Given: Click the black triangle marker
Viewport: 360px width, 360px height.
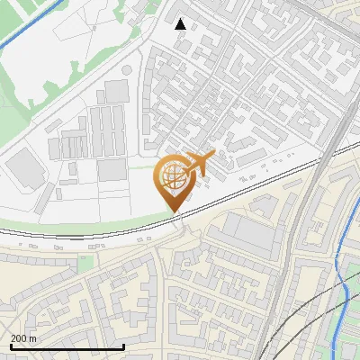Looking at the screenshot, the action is (x=181, y=24).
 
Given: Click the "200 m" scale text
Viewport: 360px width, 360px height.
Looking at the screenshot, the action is (x=23, y=338).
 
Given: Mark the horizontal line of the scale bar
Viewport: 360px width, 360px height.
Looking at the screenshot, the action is (x=67, y=347).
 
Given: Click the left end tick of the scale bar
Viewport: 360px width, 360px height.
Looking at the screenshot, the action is (x=10, y=346).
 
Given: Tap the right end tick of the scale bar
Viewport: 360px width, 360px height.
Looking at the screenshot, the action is (x=123, y=346).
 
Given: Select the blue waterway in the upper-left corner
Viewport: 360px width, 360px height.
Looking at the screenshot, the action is (x=27, y=27).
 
